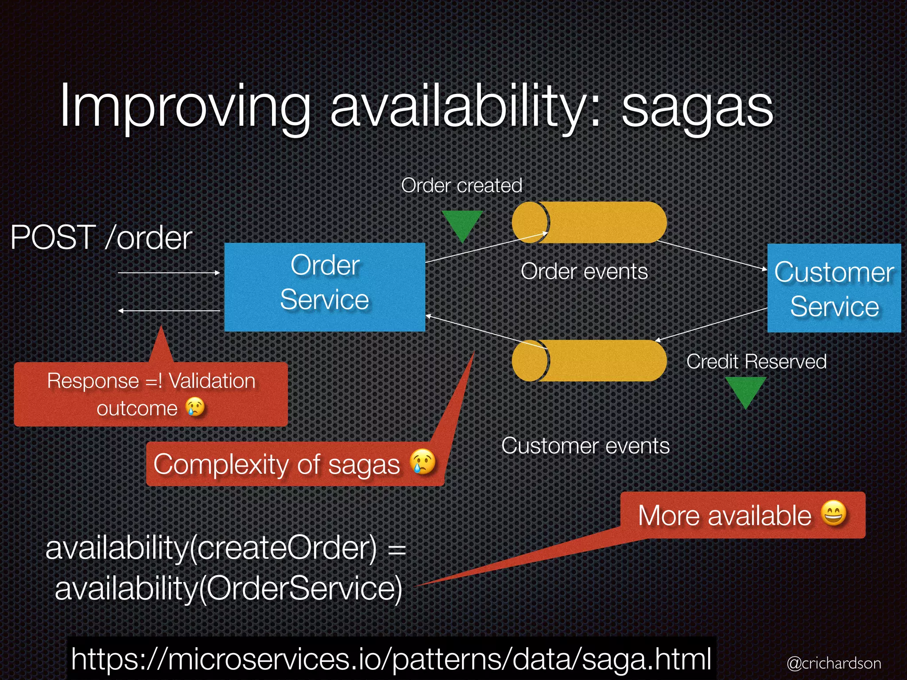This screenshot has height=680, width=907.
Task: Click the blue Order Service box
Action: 325,286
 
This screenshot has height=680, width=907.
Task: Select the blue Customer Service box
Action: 834,288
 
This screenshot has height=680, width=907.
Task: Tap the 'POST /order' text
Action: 101,238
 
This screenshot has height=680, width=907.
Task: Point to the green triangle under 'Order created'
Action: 462,224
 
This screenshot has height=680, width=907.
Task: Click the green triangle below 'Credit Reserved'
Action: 746,390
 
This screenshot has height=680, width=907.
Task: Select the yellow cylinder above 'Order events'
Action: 589,222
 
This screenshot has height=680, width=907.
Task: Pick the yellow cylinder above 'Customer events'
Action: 589,360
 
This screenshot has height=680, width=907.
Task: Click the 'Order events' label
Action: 584,271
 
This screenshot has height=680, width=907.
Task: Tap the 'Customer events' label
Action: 585,445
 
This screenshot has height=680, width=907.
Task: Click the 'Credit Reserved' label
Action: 756,361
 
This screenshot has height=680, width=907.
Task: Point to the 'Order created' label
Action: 461,185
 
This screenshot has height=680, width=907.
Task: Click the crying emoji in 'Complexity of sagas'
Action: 422,462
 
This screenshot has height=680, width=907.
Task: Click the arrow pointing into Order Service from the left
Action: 169,273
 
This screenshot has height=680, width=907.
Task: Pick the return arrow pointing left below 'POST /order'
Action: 169,311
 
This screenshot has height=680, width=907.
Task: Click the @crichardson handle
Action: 834,663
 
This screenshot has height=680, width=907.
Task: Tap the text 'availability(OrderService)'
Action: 229,588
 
